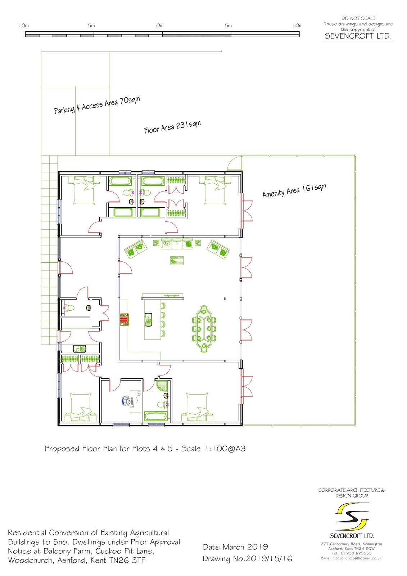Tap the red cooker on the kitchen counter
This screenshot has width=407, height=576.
pyautogui.click(x=124, y=320)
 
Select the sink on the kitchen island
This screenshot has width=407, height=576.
pyautogui.click(x=149, y=319)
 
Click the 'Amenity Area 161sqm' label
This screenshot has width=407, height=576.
pyautogui.click(x=294, y=190)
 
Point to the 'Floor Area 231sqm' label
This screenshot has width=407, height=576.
pyautogui.click(x=172, y=127)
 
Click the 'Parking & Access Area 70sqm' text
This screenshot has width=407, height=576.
pyautogui.click(x=97, y=105)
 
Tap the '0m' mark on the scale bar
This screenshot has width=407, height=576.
pyautogui.click(x=160, y=26)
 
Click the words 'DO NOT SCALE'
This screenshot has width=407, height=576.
pyautogui.click(x=358, y=18)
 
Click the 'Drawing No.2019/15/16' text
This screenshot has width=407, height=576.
pyautogui.click(x=247, y=558)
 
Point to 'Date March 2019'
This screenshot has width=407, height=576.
pyautogui.click(x=235, y=547)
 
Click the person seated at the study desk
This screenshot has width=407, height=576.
pyautogui.click(x=126, y=401)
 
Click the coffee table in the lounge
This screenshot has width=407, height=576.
pyautogui.click(x=177, y=261)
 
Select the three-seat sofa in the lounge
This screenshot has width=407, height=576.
pyautogui.click(x=177, y=243)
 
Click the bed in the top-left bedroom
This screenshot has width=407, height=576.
pyautogui.click(x=84, y=190)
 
